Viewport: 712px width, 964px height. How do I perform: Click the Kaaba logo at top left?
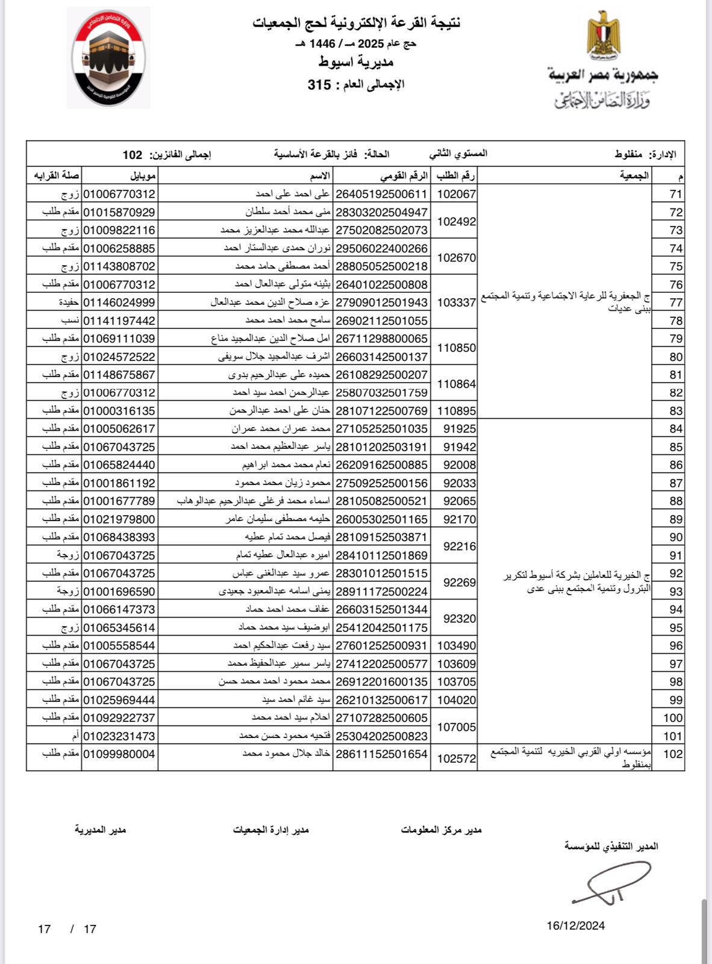pos(108,58)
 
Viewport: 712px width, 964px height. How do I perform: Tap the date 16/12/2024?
pos(575,925)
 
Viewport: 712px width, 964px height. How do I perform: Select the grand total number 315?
pos(319,84)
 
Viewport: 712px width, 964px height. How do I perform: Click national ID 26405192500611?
pos(381,194)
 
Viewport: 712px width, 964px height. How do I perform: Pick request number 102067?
pos(456,194)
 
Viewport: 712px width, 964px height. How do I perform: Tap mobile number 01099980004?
pos(119,754)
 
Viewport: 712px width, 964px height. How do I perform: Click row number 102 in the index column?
pos(673,754)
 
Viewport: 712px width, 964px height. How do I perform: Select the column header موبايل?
pos(143,176)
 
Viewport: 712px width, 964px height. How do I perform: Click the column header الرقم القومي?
pos(404,176)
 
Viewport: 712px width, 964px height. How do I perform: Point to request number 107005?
pos(456,727)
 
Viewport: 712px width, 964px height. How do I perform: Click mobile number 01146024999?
pos(119,302)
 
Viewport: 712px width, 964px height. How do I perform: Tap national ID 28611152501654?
pos(381,754)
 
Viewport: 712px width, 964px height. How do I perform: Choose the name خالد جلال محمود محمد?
pos(286,754)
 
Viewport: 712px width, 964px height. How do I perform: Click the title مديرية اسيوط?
pos(355,62)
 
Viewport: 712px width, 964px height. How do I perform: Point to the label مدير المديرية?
pos(100,830)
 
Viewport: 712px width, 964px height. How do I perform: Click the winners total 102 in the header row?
pos(133,155)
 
